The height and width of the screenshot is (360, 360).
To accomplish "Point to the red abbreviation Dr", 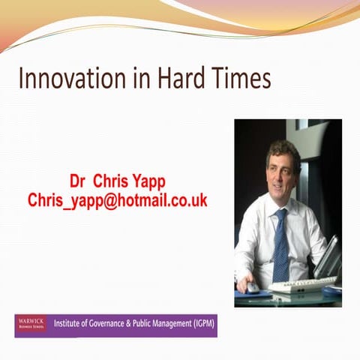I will [x=79, y=181].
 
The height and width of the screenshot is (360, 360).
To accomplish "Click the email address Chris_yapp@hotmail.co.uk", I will [x=117, y=201].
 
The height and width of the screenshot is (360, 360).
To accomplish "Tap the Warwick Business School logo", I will [x=31, y=325].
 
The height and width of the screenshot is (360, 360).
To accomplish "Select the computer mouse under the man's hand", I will [x=253, y=287].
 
